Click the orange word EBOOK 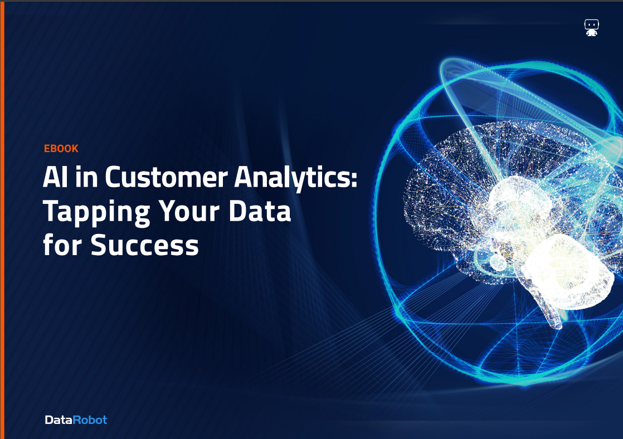pos(61,149)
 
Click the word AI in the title pos(57,178)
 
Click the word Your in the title pos(193,211)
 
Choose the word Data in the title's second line pos(265,211)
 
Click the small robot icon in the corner pos(591,28)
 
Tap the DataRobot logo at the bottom pos(76,420)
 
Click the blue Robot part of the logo pos(90,420)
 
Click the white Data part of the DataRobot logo pos(59,420)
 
